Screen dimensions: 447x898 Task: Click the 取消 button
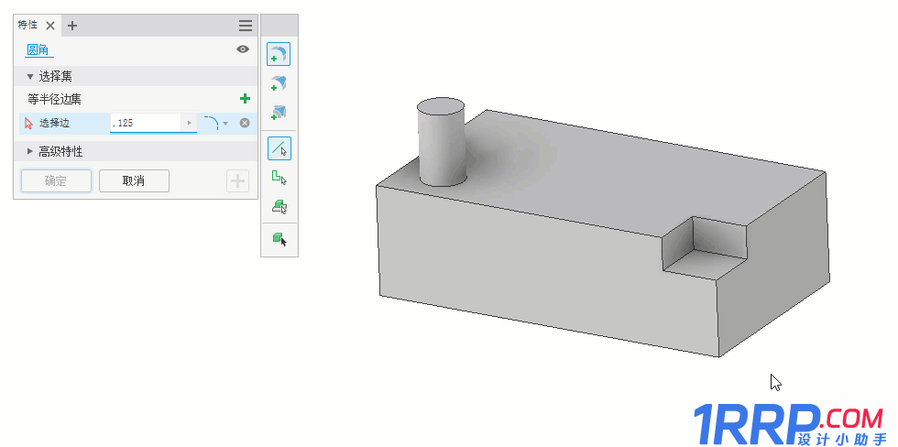(x=134, y=180)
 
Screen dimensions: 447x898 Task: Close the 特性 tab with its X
(x=50, y=26)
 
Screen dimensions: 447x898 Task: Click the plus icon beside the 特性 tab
(x=72, y=26)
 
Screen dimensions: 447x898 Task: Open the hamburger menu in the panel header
(x=246, y=26)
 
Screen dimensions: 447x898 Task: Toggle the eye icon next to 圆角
(x=243, y=49)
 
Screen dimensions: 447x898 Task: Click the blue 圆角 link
(x=38, y=50)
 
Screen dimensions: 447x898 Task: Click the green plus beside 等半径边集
(x=245, y=99)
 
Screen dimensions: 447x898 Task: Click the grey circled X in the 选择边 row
(x=245, y=123)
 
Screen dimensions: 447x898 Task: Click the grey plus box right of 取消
(x=237, y=180)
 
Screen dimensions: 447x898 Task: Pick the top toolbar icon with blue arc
(x=279, y=55)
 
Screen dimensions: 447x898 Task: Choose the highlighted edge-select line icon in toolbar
(x=279, y=147)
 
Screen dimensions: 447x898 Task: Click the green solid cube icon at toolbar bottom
(x=279, y=239)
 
